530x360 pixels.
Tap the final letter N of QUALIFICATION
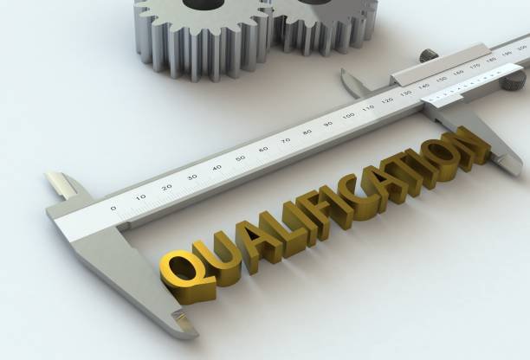point(470,145)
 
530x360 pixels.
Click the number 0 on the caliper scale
point(113,208)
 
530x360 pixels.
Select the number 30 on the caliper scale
point(192,177)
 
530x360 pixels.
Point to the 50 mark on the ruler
point(241,157)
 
